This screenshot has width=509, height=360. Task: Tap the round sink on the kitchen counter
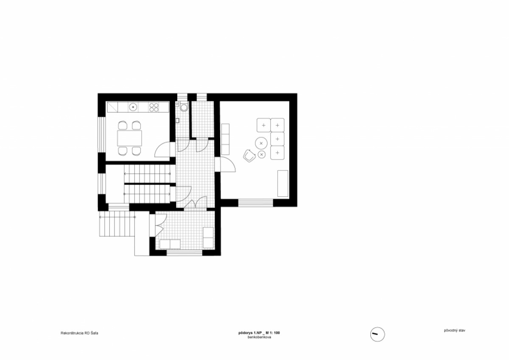tap(133, 107)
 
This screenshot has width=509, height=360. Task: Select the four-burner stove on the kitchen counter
tap(154, 107)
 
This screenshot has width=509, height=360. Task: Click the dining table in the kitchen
tap(129, 138)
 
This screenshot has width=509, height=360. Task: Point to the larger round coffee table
tap(261, 143)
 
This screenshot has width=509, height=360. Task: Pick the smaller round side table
tap(262, 154)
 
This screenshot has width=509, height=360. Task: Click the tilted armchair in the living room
tap(249, 156)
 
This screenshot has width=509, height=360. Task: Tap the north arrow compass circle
tap(378, 334)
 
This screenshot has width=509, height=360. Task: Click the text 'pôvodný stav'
tap(454, 330)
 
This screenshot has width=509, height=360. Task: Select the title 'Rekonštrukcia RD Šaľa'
tap(80, 333)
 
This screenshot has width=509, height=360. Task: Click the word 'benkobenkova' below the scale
tap(259, 337)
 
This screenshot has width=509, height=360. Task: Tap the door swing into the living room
tap(228, 164)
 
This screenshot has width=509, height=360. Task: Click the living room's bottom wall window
tap(256, 203)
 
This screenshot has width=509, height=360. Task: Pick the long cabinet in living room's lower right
tap(283, 184)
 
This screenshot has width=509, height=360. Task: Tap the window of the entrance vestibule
tap(185, 253)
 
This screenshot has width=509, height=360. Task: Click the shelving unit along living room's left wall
tap(225, 139)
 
